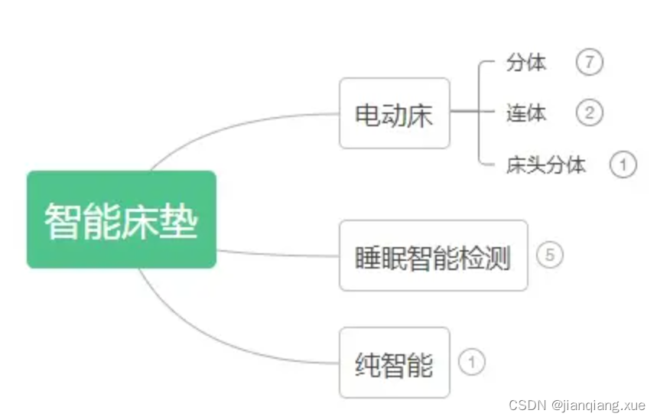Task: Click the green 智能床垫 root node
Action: pos(122,220)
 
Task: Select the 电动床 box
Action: pos(394,113)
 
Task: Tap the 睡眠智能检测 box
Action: pos(433,256)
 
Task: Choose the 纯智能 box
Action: pos(394,363)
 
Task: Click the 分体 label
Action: pos(526,63)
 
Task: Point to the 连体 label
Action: pos(526,113)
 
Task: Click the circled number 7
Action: pos(590,63)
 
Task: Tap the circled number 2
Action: pos(590,113)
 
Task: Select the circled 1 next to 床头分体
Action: pos(623,164)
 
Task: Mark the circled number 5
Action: pos(550,256)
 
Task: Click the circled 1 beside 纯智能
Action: pos(472,362)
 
